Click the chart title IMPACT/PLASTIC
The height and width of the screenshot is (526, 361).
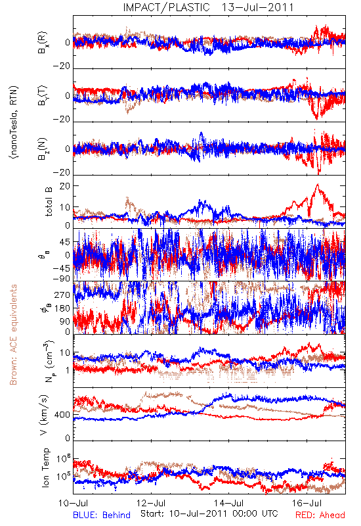click(x=166, y=7)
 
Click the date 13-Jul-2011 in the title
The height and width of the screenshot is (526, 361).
click(x=257, y=7)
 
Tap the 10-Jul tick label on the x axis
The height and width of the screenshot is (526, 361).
click(x=73, y=503)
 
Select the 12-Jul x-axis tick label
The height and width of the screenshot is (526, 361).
click(x=151, y=503)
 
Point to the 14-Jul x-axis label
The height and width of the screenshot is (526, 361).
click(x=228, y=503)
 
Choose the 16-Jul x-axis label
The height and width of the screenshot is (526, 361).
click(x=307, y=503)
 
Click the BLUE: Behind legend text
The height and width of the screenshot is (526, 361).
click(x=102, y=515)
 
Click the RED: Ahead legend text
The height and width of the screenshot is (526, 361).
click(x=320, y=515)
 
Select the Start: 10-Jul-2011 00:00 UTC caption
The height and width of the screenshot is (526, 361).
click(x=209, y=514)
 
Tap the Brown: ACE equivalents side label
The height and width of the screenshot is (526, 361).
click(x=13, y=335)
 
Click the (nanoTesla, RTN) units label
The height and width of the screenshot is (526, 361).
click(x=14, y=122)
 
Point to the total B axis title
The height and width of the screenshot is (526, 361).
click(x=48, y=202)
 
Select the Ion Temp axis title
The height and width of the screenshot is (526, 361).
click(x=45, y=467)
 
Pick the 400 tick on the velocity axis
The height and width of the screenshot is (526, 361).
click(x=62, y=415)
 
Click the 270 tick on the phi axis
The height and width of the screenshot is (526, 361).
click(x=62, y=295)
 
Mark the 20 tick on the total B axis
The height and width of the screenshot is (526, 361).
click(x=65, y=186)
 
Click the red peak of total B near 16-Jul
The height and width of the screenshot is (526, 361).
click(x=318, y=184)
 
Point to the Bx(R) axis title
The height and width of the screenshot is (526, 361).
click(x=43, y=42)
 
